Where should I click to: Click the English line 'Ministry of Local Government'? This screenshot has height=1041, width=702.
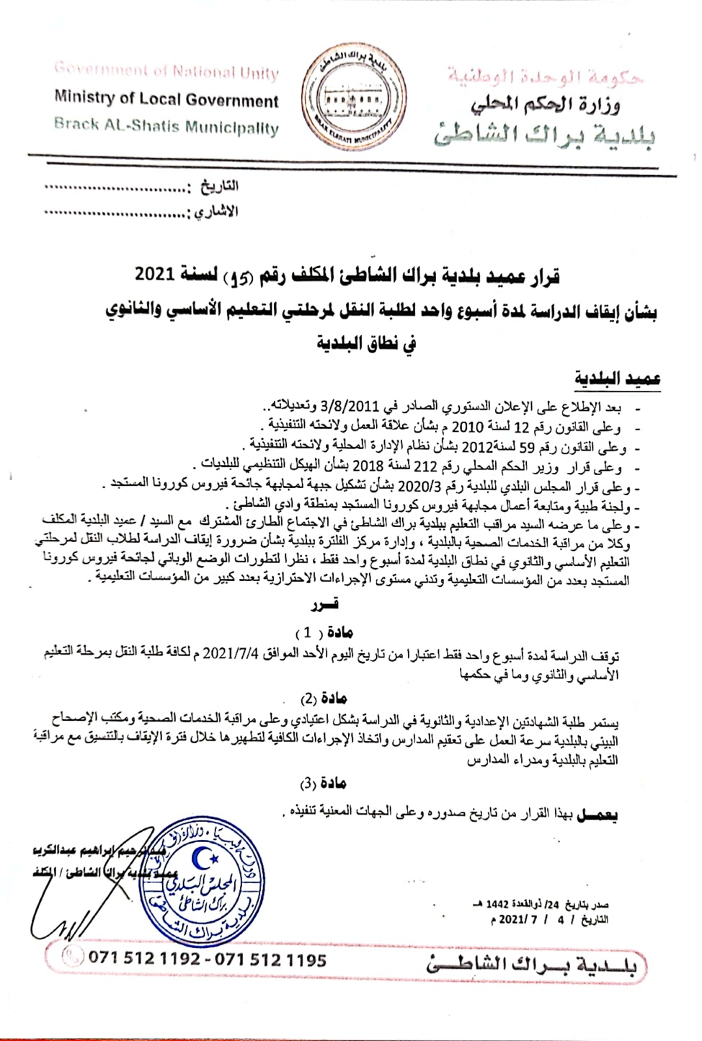point(166,99)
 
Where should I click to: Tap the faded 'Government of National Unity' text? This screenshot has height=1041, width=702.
point(166,71)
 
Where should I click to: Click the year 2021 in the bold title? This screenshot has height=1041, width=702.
point(155,275)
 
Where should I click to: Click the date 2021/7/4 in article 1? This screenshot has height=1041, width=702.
point(230,655)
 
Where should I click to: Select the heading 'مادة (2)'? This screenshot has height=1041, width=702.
point(324,698)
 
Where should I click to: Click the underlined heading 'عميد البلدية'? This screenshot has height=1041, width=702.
point(617,378)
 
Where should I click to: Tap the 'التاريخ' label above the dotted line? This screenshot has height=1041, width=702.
point(219,187)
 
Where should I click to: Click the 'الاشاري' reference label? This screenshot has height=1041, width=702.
point(216,212)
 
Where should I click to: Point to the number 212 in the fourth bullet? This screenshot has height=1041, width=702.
point(420,466)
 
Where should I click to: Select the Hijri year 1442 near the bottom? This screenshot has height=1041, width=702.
point(497,904)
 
